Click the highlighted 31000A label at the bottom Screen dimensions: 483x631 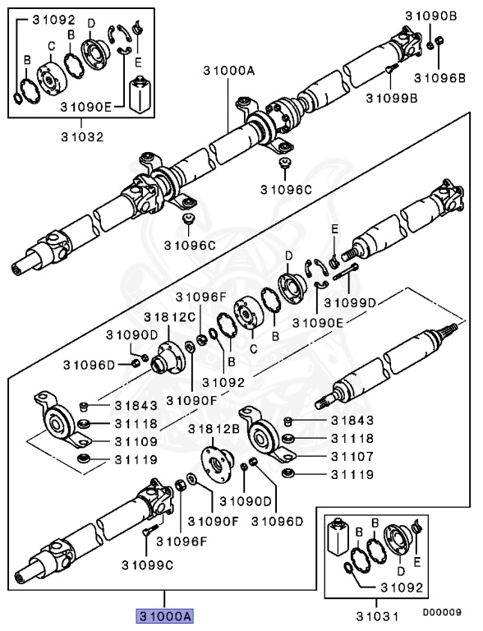[164, 615]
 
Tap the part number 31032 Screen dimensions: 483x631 [82, 137]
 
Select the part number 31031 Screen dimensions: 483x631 [377, 616]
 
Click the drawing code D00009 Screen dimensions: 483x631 [442, 612]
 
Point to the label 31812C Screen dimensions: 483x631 [170, 317]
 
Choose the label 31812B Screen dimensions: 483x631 [214, 429]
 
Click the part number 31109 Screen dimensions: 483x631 [136, 441]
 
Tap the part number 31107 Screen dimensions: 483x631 [352, 456]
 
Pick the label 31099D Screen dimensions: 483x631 [350, 302]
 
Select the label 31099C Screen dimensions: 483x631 [147, 565]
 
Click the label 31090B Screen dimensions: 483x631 [431, 16]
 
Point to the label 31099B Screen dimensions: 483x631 [392, 98]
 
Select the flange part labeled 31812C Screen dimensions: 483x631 [168, 357]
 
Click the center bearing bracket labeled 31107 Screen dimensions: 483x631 [267, 435]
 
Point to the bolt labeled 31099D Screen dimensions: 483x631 [345, 271]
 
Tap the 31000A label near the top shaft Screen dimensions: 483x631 [229, 71]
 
